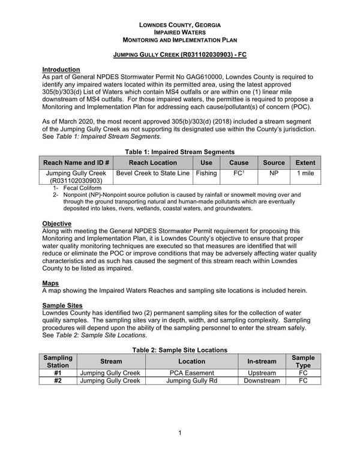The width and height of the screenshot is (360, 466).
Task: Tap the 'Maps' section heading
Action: tap(50, 282)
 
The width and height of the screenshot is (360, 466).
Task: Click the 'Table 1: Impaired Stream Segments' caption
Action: tap(180, 152)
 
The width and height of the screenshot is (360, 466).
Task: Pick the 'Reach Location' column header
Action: tap(153, 163)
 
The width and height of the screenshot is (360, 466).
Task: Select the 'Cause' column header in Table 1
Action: tap(239, 163)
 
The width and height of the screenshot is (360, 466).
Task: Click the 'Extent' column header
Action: tap(305, 163)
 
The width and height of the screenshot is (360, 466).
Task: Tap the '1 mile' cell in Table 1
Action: tap(305, 173)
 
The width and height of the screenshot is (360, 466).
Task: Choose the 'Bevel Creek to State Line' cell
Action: tap(153, 173)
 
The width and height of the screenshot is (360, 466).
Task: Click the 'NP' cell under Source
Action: tap(274, 173)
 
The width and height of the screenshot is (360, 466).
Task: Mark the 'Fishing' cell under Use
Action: tap(206, 173)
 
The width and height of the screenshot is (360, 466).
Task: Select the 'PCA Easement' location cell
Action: tap(191, 373)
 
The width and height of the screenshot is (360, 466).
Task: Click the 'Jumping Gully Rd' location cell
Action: tap(191, 381)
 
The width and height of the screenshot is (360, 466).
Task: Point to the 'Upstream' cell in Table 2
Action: tap(262, 373)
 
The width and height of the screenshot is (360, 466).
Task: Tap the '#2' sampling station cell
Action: tap(58, 381)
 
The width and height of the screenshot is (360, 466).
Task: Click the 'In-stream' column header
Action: tap(262, 362)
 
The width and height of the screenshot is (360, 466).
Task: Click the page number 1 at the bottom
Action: tap(179, 434)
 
